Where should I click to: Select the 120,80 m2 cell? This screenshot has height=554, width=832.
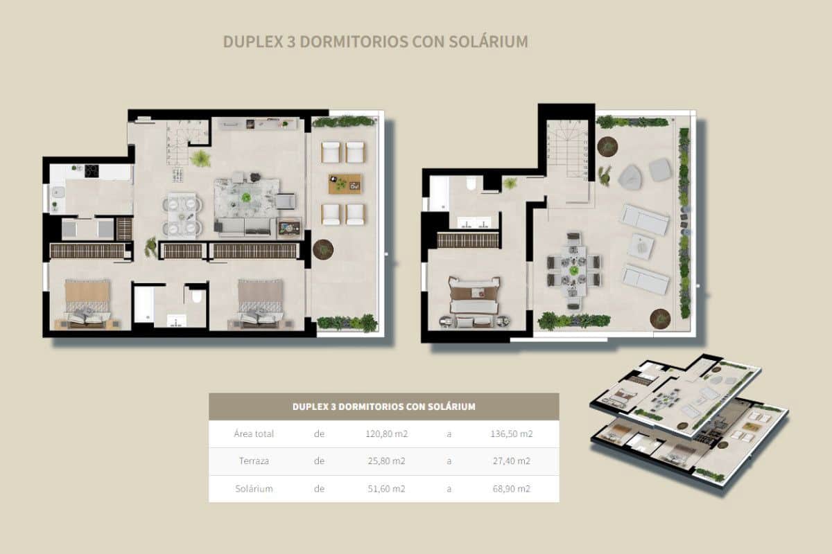tap(385, 434)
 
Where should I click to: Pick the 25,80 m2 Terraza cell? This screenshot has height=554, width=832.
tap(385, 461)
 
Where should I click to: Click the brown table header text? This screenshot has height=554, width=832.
tap(383, 406)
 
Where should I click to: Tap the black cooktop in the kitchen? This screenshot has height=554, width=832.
tap(92, 171)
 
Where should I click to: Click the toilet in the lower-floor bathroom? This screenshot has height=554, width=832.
tap(197, 297)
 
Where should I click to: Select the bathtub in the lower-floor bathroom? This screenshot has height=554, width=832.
tap(144, 305)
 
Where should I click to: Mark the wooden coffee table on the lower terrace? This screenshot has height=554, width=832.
tap(345, 184)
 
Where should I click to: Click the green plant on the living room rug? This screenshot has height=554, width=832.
tap(246, 197)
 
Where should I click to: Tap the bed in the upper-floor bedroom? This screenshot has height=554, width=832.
tap(474, 298)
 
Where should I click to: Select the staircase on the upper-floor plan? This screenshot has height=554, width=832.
tap(568, 149)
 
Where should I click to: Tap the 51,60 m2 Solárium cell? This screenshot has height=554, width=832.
tap(385, 488)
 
